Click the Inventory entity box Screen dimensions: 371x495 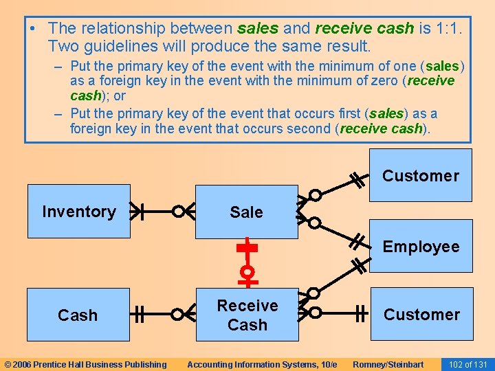click(78, 211)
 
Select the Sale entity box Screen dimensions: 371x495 click(247, 212)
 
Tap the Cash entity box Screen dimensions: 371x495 click(78, 315)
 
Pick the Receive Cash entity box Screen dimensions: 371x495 click(247, 315)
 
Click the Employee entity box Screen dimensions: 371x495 click(421, 246)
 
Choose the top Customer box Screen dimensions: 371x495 click(421, 175)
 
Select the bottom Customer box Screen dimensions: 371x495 click(421, 314)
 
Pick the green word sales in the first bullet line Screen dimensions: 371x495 click(258, 28)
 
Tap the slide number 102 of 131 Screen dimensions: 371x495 click(467, 364)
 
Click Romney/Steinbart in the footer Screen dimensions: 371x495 click(388, 364)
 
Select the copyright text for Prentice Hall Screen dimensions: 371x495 click(85, 364)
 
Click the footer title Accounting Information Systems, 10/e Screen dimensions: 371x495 click(262, 364)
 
